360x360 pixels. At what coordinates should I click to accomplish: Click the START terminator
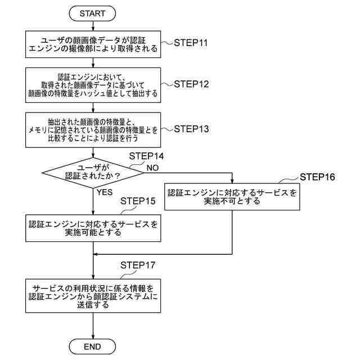pyautogui.click(x=92, y=13)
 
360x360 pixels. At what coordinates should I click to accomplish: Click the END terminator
pyautogui.click(x=92, y=346)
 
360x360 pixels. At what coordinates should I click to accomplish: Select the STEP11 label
pyautogui.click(x=191, y=43)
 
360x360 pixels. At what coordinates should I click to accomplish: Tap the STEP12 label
pyautogui.click(x=191, y=84)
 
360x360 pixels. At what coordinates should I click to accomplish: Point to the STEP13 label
pyautogui.click(x=191, y=129)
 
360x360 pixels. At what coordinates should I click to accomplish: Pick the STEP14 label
pyautogui.click(x=146, y=156)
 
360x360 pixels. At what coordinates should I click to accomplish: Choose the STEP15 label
pyautogui.click(x=138, y=201)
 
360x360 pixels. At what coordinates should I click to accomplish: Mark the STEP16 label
pyautogui.click(x=317, y=177)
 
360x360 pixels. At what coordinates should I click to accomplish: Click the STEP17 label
pyautogui.click(x=138, y=265)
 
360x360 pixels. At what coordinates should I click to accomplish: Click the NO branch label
pyautogui.click(x=152, y=168)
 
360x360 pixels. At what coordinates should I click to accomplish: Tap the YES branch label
pyautogui.click(x=105, y=192)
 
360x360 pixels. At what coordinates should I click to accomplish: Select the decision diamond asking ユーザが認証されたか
pyautogui.click(x=93, y=173)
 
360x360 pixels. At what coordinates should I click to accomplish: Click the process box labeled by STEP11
pyautogui.click(x=93, y=44)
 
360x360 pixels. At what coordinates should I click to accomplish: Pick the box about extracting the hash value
pyautogui.click(x=93, y=85)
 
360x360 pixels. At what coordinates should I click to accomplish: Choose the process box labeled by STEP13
pyautogui.click(x=93, y=130)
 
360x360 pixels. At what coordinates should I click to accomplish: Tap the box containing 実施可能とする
pyautogui.click(x=93, y=228)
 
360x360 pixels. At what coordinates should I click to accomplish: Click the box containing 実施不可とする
pyautogui.click(x=232, y=196)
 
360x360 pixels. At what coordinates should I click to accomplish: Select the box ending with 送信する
pyautogui.click(x=93, y=296)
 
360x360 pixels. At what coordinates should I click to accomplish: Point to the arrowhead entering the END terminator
pyautogui.click(x=93, y=336)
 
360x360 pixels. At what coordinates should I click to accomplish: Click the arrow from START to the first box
pyautogui.click(x=93, y=26)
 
